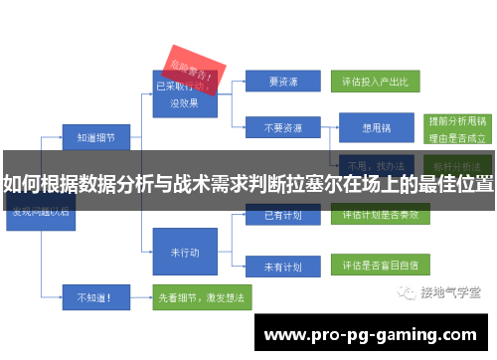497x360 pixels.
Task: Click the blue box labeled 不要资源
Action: point(282,128)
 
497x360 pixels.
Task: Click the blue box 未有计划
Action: point(282,267)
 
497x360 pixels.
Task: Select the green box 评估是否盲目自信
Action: point(374,267)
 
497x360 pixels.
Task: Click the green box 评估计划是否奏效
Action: point(374,215)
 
